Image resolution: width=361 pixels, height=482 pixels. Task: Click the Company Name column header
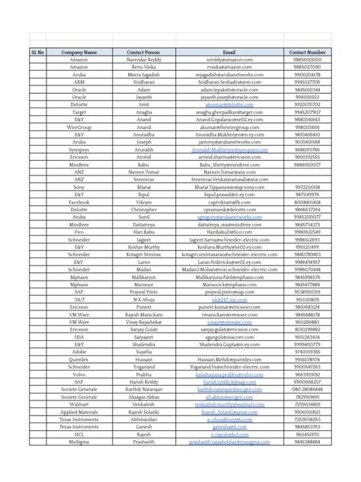(x=79, y=52)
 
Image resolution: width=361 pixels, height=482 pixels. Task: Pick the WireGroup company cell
(x=79, y=127)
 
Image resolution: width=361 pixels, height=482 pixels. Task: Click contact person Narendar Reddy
(x=144, y=59)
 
